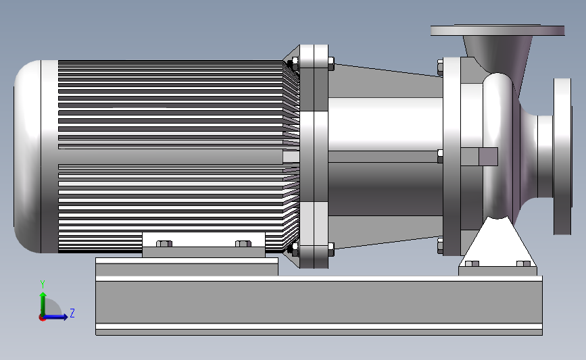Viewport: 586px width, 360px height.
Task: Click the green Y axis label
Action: (x=43, y=284)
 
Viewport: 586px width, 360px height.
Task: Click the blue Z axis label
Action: (x=72, y=313)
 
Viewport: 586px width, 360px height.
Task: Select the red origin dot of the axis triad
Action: (x=42, y=318)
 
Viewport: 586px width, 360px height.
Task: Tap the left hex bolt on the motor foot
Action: (x=164, y=243)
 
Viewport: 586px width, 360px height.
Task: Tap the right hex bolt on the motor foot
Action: (x=243, y=243)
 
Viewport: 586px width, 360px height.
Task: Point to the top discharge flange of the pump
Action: (x=497, y=30)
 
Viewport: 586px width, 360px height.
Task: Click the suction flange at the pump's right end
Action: (x=562, y=157)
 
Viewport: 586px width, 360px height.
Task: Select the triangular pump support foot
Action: (x=498, y=242)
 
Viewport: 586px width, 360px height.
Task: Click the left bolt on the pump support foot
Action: (x=472, y=263)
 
